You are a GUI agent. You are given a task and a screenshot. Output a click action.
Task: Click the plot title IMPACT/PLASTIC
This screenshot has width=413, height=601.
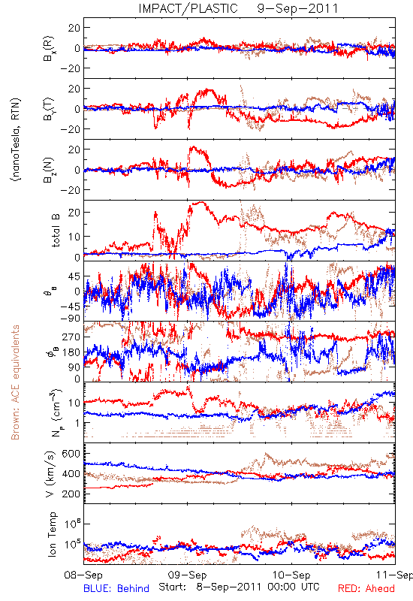(188, 8)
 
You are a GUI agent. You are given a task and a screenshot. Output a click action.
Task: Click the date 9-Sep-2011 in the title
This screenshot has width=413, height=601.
(297, 8)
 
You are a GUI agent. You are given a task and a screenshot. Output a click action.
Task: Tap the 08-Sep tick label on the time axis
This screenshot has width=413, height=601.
(83, 575)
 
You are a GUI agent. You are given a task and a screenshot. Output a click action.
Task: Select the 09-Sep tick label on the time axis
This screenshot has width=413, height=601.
(188, 575)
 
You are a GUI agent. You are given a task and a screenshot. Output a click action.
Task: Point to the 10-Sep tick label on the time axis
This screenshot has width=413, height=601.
(291, 575)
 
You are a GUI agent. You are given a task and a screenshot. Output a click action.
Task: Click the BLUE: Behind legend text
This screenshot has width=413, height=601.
(116, 588)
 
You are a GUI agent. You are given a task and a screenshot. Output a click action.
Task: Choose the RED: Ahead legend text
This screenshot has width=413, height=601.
(366, 588)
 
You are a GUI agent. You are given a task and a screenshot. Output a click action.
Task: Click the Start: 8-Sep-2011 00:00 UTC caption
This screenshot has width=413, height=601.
(239, 587)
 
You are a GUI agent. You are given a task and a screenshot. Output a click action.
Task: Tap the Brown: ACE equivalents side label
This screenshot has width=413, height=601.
(15, 382)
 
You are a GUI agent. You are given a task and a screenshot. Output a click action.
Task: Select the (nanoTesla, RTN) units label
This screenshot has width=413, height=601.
(16, 139)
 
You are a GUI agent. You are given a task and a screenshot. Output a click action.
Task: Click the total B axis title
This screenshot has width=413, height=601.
(56, 231)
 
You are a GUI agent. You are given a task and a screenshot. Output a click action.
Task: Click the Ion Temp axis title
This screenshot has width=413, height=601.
(52, 534)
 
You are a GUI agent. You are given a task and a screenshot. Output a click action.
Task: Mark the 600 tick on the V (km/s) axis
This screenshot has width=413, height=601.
(71, 454)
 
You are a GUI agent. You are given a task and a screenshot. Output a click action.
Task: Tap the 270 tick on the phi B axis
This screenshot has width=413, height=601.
(71, 337)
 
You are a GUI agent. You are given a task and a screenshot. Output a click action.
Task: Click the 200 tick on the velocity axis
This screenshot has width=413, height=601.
(71, 494)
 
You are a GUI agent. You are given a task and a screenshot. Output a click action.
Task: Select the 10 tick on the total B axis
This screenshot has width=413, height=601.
(74, 237)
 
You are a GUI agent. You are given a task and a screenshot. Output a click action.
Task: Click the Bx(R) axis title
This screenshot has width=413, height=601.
(49, 48)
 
